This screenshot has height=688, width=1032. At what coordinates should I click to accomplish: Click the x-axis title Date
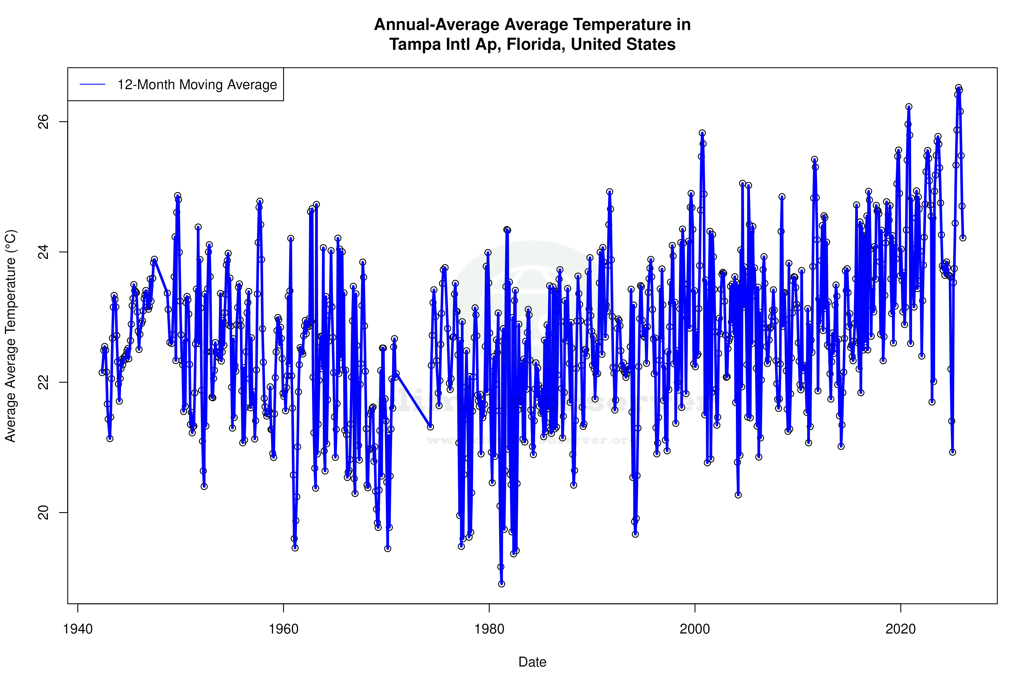tap(532, 662)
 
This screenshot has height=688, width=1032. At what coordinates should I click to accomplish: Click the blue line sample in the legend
tap(92, 84)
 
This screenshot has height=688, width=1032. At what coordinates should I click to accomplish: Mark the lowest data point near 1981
tap(501, 584)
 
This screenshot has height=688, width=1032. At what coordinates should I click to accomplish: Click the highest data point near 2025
tap(959, 88)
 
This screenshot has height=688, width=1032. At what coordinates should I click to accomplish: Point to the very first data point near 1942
tap(102, 372)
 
